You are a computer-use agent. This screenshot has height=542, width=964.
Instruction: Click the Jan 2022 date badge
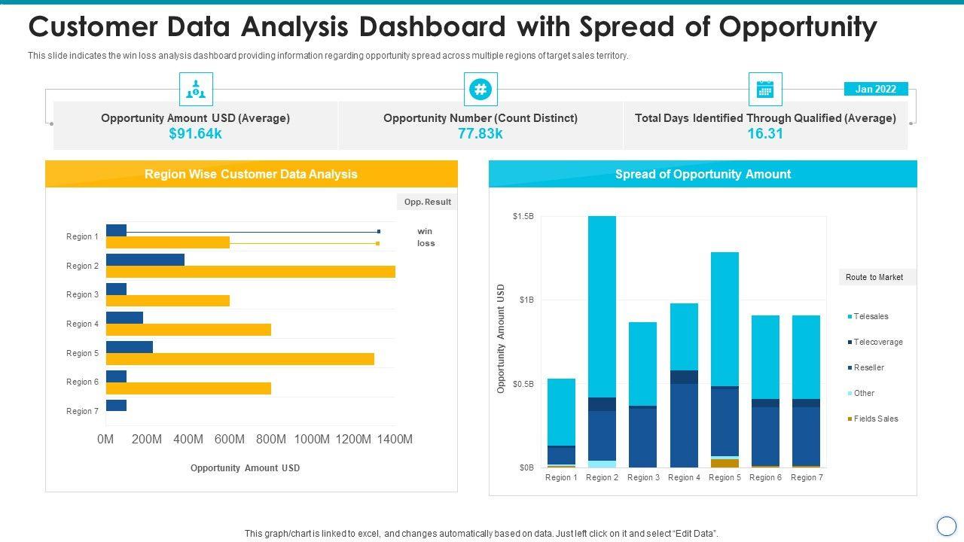(875, 89)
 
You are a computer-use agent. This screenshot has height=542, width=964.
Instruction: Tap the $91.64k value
(196, 134)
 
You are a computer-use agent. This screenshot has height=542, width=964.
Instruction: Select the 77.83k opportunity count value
(480, 134)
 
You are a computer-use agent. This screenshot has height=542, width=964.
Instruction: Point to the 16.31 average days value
(765, 134)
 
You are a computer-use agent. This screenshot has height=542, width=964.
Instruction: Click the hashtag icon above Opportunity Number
(480, 90)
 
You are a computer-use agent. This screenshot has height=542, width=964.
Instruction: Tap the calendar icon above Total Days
(765, 90)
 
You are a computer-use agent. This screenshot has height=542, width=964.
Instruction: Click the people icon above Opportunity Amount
(196, 90)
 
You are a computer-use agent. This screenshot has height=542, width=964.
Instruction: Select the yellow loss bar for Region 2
(250, 272)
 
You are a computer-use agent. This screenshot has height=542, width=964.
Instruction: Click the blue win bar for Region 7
(116, 406)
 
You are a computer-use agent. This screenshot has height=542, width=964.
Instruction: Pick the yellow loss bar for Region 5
(239, 359)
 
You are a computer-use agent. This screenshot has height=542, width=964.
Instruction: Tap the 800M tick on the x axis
(270, 440)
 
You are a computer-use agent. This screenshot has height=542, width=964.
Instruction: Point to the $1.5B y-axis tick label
(523, 217)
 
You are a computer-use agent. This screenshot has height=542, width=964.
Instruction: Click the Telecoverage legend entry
(877, 342)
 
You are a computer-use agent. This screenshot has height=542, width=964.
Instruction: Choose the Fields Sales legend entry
(875, 419)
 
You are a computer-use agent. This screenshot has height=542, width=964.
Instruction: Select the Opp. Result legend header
(427, 202)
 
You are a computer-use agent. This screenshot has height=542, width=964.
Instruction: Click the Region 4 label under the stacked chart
(684, 477)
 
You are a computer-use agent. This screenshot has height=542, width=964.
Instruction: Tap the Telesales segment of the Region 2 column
(602, 306)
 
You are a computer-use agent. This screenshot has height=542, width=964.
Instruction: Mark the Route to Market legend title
(874, 277)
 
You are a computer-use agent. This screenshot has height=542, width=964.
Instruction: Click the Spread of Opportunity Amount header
(703, 174)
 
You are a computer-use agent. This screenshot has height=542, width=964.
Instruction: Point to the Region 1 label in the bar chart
(82, 236)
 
